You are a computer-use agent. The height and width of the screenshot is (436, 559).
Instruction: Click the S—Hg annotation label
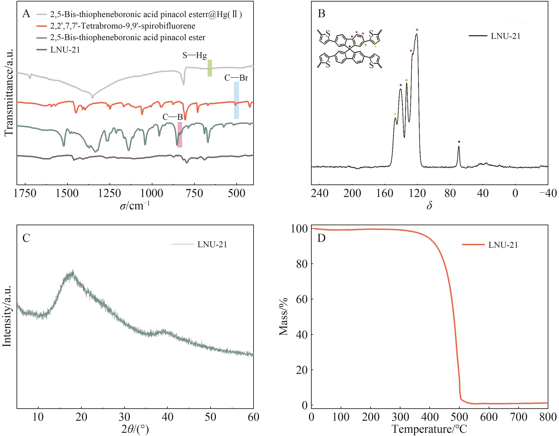pyautogui.click(x=195, y=55)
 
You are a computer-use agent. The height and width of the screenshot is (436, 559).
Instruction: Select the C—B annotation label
pyautogui.click(x=173, y=117)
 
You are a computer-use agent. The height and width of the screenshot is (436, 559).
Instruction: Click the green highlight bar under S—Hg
pyautogui.click(x=210, y=68)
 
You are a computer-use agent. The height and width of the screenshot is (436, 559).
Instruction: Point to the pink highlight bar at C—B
pyautogui.click(x=180, y=135)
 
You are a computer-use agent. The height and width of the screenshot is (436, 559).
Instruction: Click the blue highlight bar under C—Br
pyautogui.click(x=236, y=100)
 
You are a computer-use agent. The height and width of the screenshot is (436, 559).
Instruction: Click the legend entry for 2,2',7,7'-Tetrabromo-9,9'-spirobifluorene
pyautogui.click(x=123, y=26)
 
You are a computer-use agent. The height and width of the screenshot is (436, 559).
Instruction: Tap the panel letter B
pyautogui.click(x=321, y=13)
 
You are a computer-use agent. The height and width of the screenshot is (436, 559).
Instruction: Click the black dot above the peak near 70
pyautogui.click(x=459, y=142)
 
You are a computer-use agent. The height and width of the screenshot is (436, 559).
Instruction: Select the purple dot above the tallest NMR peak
pyautogui.click(x=417, y=30)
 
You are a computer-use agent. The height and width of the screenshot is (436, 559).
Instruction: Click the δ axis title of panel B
pyautogui.click(x=429, y=206)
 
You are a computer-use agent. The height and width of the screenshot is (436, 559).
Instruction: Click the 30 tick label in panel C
pyautogui.click(x=124, y=417)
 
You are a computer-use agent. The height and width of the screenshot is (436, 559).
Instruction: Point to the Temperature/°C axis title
pyautogui.click(x=429, y=429)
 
